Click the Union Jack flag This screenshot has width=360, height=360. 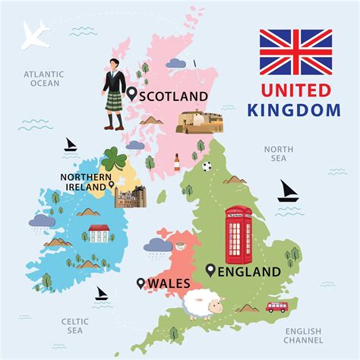coord(295,52)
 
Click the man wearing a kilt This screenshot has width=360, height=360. coord(115,95)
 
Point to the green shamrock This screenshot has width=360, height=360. coord(115,160)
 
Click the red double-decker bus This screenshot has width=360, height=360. coord(277,307)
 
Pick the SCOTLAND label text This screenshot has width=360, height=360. coord(174,96)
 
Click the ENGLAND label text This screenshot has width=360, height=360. coord(249,271)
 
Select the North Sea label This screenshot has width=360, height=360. coord(279,154)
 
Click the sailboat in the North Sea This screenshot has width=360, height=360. coord(288,191)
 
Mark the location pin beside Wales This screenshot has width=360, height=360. coord(141,283)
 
